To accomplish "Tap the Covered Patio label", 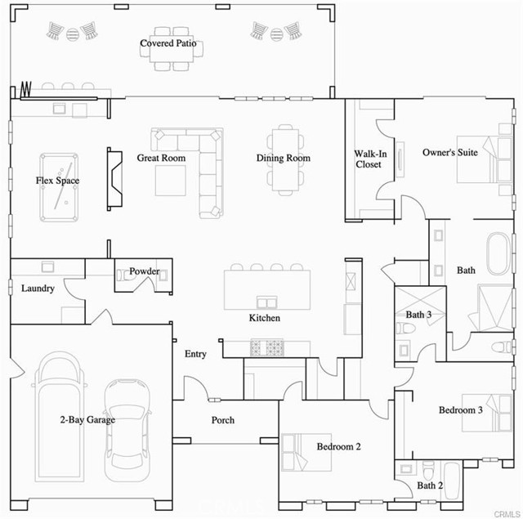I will tap(168, 43).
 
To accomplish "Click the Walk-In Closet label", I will tap(369, 159).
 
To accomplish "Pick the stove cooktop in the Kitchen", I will tap(266, 348).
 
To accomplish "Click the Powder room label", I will tap(144, 271).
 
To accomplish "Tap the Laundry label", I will tap(38, 289).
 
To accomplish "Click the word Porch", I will tap(223, 420).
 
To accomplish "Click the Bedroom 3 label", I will tap(460, 409).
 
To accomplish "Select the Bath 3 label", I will tap(418, 314).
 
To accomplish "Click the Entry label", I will tap(195, 354).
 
